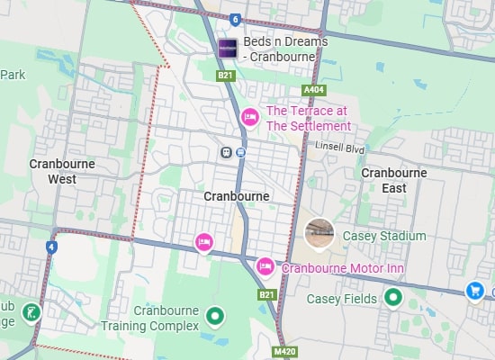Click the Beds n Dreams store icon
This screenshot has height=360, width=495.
tap(227, 49)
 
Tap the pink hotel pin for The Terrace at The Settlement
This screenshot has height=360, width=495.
tap(251, 117)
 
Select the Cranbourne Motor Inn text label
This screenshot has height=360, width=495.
tap(343, 268)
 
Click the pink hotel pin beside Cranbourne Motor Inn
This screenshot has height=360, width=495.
tap(265, 266)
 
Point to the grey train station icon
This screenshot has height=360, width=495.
tap(225, 152)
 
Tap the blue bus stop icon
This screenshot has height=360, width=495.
tap(241, 152)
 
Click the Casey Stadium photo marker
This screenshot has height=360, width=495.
tap(319, 233)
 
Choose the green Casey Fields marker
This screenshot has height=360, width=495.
tap(392, 297)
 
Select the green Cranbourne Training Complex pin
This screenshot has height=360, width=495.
tap(214, 316)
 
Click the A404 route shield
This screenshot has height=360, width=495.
tap(314, 90)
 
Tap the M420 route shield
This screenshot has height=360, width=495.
tap(283, 351)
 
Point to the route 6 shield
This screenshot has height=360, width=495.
tap(235, 19)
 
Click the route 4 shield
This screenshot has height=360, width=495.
tap(51, 246)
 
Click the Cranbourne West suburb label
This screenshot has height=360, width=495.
tap(63, 171)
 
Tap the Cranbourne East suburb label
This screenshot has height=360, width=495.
tap(392, 180)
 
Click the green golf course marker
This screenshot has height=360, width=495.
tap(31, 312)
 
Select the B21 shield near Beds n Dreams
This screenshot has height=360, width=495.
tap(225, 76)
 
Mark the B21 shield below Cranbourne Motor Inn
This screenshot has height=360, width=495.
tap(266, 294)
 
